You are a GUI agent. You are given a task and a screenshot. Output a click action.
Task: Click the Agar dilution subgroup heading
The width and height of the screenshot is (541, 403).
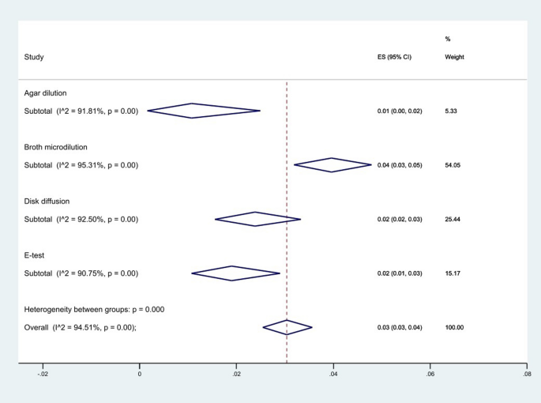pos(51,93)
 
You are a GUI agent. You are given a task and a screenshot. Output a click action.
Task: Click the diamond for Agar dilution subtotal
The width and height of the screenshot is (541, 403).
pos(203,111)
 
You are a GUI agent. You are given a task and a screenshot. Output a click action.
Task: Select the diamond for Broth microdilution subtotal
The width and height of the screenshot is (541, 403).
pos(332,165)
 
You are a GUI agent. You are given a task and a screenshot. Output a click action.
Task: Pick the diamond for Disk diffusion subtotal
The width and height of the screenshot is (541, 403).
pos(257,219)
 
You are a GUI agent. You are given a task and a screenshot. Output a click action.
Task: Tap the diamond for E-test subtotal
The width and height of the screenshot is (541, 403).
pos(235,273)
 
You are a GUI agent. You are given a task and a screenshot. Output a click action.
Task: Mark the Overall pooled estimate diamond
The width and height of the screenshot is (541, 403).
pos(287,327)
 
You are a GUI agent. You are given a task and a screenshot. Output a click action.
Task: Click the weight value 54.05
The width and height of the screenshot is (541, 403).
pos(454,165)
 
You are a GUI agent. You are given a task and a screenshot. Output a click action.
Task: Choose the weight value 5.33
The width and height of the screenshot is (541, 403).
pos(452,111)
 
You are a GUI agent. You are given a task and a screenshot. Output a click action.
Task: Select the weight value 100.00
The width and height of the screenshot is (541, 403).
pos(456,327)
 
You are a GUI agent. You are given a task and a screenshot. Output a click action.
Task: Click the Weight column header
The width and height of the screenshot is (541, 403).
pos(454,57)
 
